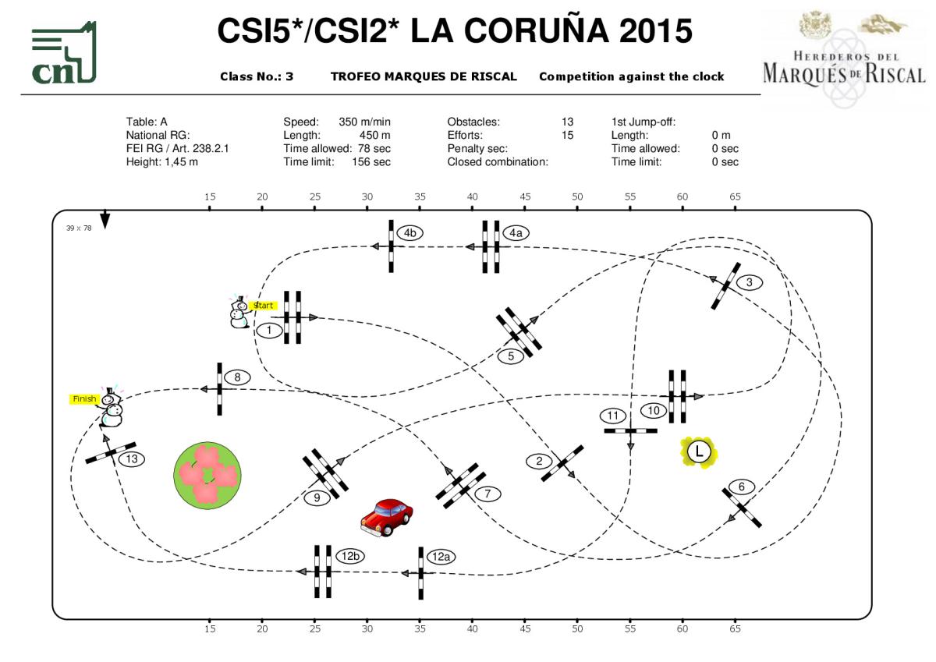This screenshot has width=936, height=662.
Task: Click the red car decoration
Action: [387, 515]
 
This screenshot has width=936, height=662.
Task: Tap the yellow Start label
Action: [264, 306]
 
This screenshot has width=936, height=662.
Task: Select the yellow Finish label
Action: [84, 399]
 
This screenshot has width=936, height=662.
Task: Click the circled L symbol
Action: [699, 451]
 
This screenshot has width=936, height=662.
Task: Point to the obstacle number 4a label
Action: [516, 232]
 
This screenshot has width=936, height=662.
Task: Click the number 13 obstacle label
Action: [132, 459]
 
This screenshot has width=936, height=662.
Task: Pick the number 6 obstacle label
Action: [742, 487]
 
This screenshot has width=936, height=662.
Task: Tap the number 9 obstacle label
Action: [317, 497]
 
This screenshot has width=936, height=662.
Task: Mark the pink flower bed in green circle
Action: [207, 473]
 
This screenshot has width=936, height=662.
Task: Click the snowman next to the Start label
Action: [239, 313]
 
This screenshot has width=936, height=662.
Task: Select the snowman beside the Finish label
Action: [112, 409]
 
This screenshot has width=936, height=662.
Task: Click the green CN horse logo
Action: [64, 53]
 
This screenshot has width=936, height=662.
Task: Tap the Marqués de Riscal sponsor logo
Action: [844, 58]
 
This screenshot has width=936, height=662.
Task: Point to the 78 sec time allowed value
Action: [374, 148]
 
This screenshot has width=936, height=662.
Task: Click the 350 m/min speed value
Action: [364, 122]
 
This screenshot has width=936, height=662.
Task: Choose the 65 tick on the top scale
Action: [735, 196]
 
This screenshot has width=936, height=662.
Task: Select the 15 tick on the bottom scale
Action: [210, 628]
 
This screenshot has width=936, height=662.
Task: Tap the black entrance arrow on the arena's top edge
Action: [105, 220]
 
